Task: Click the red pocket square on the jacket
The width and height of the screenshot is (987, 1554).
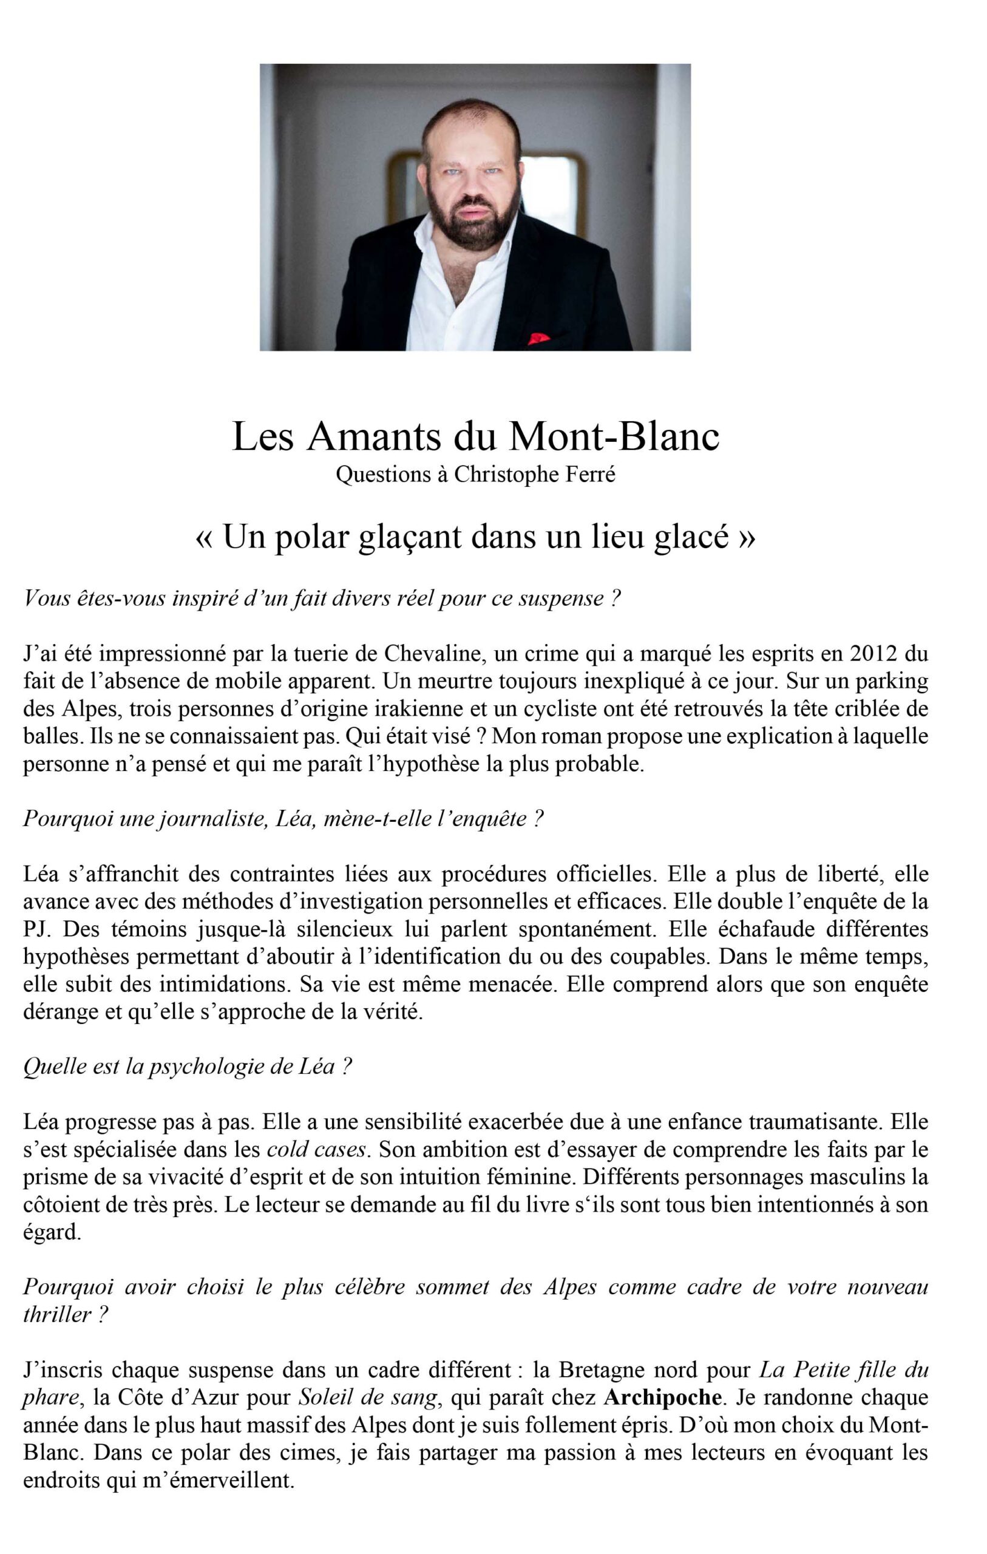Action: click(x=538, y=338)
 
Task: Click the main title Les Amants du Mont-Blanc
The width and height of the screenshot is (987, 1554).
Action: click(x=475, y=436)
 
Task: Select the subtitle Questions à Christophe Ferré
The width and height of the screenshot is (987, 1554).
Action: click(x=475, y=474)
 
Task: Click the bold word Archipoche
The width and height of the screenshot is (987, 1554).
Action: click(x=662, y=1397)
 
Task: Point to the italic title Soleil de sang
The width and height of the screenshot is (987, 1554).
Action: click(x=368, y=1397)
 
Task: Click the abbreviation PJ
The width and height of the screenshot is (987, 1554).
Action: click(x=36, y=929)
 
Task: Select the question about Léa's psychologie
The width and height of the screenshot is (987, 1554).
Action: click(x=187, y=1066)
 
